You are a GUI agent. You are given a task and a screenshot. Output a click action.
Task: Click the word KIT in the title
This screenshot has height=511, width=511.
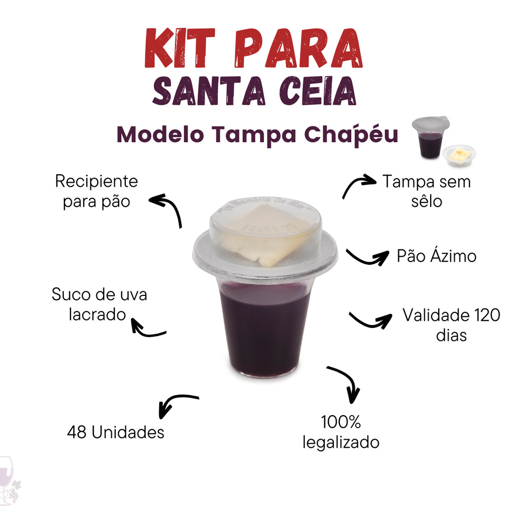coord(180,48)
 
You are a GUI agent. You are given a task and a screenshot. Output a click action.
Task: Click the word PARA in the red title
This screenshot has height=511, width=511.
coord(298,48)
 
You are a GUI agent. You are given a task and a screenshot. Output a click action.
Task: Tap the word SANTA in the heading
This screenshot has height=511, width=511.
coord(209,91)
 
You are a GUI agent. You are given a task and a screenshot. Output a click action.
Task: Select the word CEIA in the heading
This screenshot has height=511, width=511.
coord(317,91)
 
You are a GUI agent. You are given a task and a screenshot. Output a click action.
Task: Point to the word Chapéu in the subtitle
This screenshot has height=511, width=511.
coord(351,134)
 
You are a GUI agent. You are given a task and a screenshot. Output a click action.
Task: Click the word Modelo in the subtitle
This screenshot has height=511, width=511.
coord(160,134)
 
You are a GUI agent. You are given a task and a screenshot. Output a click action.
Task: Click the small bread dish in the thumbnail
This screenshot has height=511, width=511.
coord(459,155)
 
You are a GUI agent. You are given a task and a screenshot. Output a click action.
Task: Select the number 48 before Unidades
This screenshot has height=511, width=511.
coord(77,433)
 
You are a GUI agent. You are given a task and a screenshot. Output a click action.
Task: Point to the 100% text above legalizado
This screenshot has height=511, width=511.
coord(341,422)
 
